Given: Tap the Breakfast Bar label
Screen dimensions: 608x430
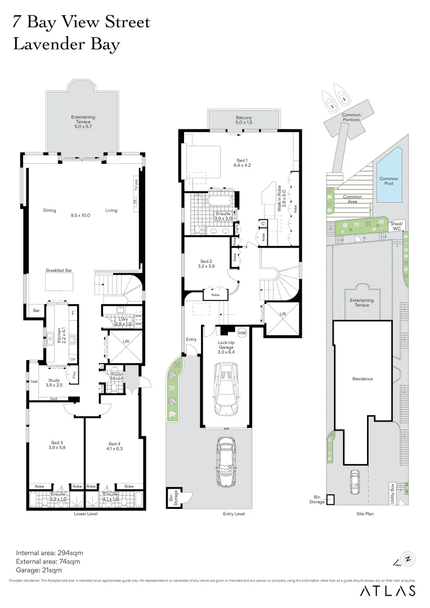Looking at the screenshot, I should pyautogui.click(x=57, y=270).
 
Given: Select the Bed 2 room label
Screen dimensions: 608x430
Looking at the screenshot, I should pyautogui.click(x=207, y=263).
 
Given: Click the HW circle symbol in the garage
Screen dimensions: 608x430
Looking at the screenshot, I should pyautogui.click(x=243, y=333).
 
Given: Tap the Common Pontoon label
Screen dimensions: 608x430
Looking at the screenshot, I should pyautogui.click(x=351, y=118).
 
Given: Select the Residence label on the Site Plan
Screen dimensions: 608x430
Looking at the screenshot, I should pyautogui.click(x=362, y=379).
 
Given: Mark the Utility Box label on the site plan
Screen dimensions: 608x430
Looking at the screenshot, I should pyautogui.click(x=392, y=494).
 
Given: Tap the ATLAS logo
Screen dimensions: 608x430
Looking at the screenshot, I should pyautogui.click(x=388, y=591).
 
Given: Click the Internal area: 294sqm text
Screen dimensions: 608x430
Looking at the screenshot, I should pyautogui.click(x=48, y=552).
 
